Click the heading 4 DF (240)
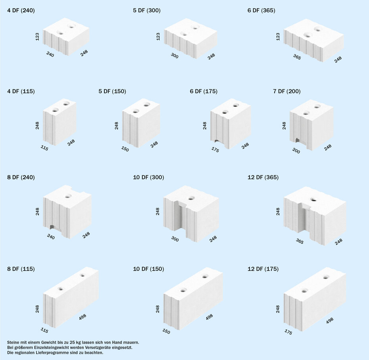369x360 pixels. click(x=21, y=10)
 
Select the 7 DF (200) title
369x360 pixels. click(x=286, y=91)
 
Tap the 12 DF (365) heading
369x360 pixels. click(x=263, y=177)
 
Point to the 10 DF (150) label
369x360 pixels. click(x=148, y=269)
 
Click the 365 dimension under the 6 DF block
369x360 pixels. click(x=297, y=57)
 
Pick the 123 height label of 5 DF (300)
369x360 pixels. click(x=158, y=37)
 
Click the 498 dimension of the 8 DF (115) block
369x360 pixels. click(x=83, y=317)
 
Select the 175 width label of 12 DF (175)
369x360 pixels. click(x=288, y=332)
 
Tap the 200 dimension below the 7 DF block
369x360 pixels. click(x=296, y=151)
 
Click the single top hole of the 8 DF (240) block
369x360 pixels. click(x=68, y=196)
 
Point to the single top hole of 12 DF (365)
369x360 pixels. click(x=313, y=200)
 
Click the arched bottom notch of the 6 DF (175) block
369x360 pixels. click(x=217, y=141)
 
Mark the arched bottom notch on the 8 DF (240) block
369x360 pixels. click(x=52, y=227)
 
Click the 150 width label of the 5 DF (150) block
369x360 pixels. click(x=125, y=149)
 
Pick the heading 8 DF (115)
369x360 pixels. click(x=21, y=269)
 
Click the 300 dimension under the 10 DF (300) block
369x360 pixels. click(x=175, y=239)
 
